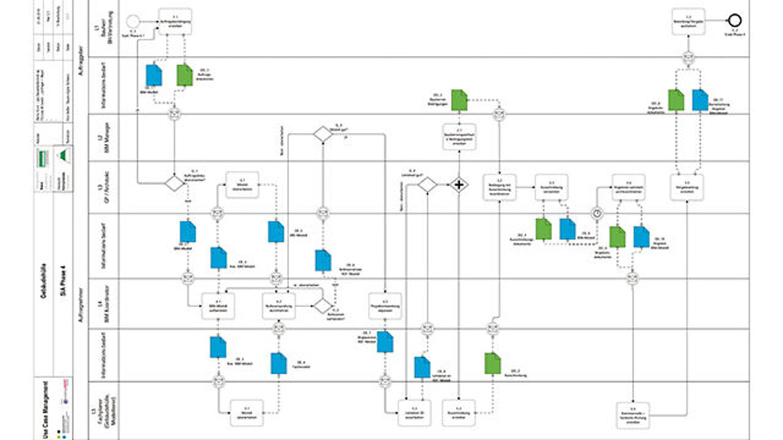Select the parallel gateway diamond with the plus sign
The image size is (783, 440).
point(460,184)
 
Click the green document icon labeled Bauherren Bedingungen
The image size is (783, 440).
point(459,99)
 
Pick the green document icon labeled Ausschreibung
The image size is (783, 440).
point(492,363)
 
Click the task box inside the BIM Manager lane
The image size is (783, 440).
point(459,138)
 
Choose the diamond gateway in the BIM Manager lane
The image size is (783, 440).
point(322,134)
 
